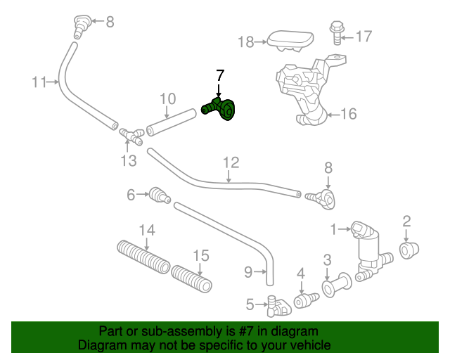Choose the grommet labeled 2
click(x=408, y=249)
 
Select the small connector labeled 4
click(x=304, y=300)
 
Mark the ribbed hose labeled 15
click(x=192, y=278)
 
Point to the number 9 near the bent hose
click(x=247, y=270)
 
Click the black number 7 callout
click(x=220, y=75)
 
